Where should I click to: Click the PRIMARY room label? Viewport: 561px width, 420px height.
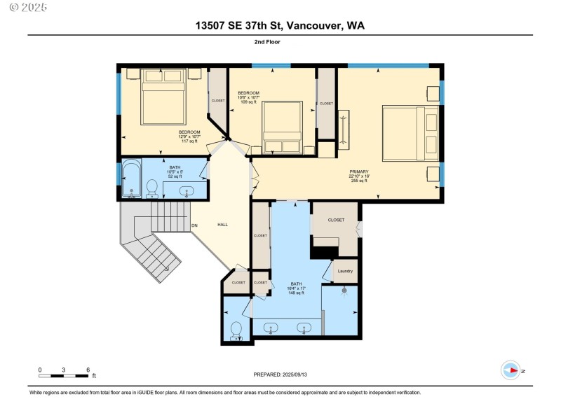tap(358, 171)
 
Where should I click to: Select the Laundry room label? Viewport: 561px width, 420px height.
tap(345, 271)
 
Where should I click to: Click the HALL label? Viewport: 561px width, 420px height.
tap(222, 225)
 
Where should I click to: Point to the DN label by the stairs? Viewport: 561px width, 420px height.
tap(195, 225)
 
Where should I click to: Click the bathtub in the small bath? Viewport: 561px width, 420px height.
tap(130, 180)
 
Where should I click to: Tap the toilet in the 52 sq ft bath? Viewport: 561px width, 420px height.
tap(151, 188)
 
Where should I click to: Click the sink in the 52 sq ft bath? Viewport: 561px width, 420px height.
tap(187, 190)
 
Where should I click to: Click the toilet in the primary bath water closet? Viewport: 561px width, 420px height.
tap(236, 329)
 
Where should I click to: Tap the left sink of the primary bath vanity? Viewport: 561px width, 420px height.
tap(271, 327)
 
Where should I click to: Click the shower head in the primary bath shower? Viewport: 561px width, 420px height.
tap(344, 290)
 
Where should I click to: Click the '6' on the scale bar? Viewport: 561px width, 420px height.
tap(88, 370)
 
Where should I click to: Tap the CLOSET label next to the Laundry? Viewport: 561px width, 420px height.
tap(336, 220)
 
